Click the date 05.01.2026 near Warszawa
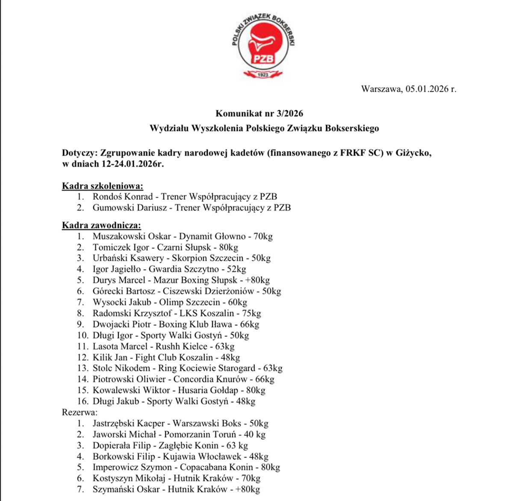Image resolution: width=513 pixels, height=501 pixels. (427, 89)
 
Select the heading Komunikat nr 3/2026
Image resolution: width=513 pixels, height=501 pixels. (259, 113)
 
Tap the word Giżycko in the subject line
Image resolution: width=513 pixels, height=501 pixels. (413, 153)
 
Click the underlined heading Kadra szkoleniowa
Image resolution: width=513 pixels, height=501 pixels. (103, 186)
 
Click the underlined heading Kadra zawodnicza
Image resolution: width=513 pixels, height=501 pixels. (101, 225)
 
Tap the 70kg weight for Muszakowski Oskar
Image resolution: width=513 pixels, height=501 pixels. (263, 236)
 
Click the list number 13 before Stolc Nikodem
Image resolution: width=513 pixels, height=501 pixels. (83, 368)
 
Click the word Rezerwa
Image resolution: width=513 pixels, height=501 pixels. (80, 412)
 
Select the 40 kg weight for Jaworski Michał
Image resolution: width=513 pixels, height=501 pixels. (255, 435)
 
